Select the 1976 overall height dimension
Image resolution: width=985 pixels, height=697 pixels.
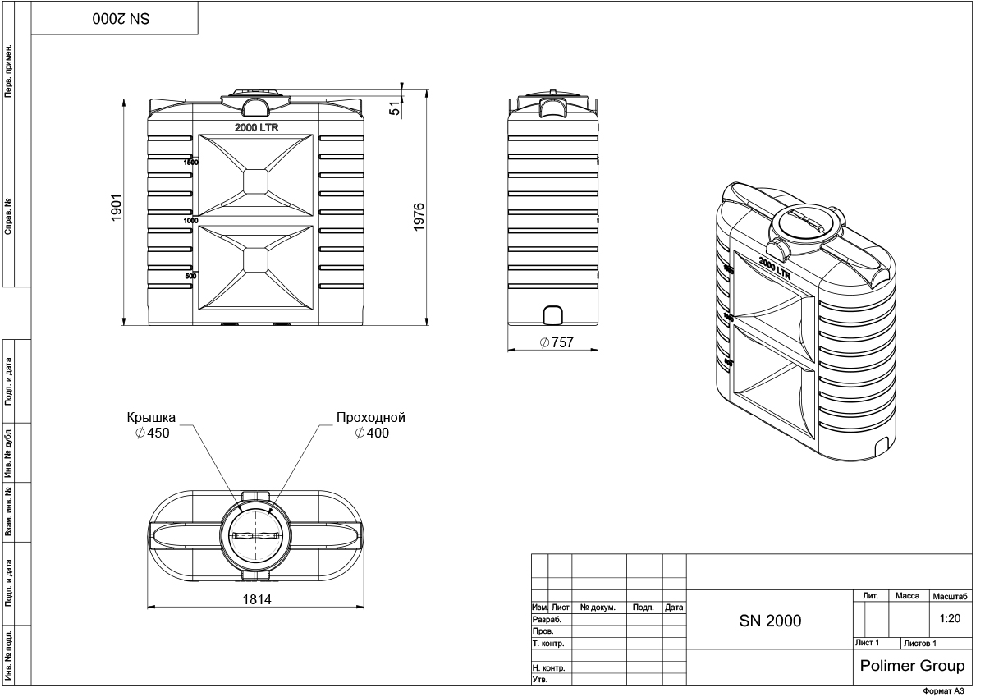click(419, 217)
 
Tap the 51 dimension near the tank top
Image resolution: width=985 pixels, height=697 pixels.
click(394, 107)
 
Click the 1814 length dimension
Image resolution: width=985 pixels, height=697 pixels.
click(255, 599)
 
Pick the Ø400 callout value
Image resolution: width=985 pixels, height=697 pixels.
click(372, 433)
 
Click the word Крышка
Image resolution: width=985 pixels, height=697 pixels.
click(151, 417)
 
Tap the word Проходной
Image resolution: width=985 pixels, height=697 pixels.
click(371, 417)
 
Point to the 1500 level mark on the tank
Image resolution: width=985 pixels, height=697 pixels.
click(190, 163)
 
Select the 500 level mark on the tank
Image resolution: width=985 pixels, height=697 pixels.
click(190, 277)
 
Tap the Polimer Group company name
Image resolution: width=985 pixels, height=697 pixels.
click(911, 665)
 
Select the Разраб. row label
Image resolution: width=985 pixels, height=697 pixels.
click(547, 621)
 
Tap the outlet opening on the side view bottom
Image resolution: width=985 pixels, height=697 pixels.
click(553, 315)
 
